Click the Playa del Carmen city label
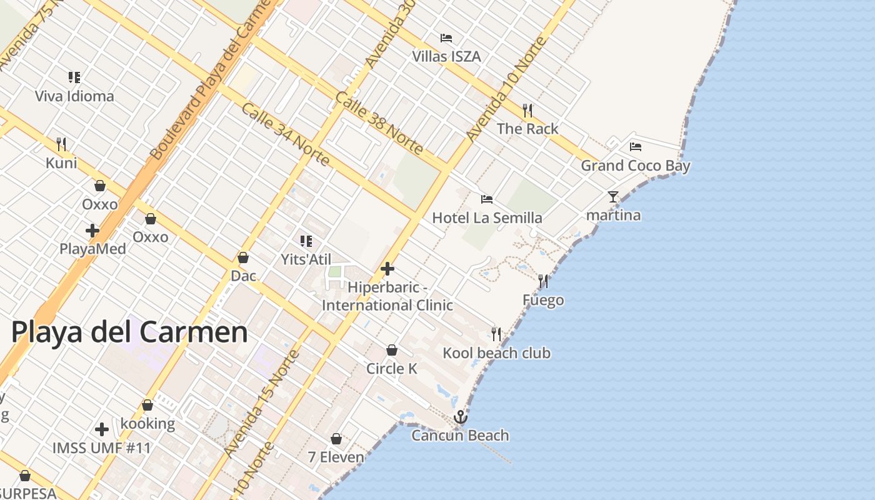click(129, 332)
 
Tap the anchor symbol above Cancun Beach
click(461, 417)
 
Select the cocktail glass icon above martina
click(613, 197)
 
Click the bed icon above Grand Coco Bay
click(636, 147)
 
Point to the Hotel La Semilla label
click(487, 218)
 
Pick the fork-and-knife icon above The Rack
click(527, 111)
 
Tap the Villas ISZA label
click(446, 57)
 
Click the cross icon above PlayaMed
click(92, 231)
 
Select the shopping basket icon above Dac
click(243, 257)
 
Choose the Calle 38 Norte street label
click(379, 123)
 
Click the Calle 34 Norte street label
click(285, 134)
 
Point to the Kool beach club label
click(496, 353)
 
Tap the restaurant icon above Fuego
click(543, 281)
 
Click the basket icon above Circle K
click(392, 350)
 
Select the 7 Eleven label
click(336, 457)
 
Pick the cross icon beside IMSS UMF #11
click(102, 429)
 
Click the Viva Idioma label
click(74, 96)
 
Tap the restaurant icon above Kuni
click(61, 144)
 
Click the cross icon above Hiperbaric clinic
click(387, 269)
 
